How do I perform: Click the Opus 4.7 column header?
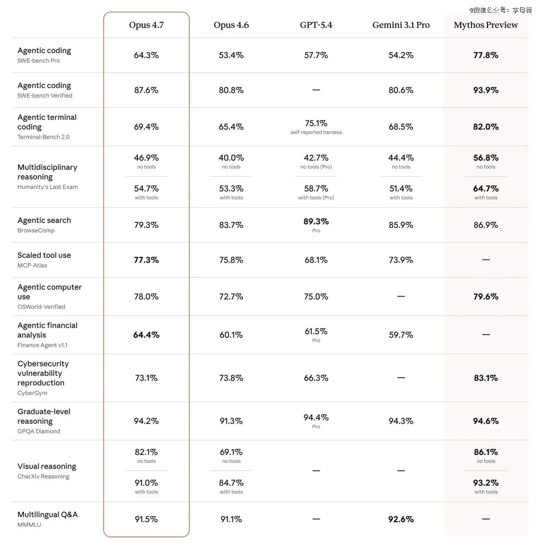coord(146,25)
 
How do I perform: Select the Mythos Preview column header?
coord(486,25)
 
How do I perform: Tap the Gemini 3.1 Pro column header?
coord(401,25)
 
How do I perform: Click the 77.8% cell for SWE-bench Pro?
coord(486,55)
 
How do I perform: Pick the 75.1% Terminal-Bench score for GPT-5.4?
coord(316,123)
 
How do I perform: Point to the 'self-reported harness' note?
coord(316,133)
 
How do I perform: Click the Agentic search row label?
coord(44,220)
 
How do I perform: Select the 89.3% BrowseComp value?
coord(316,221)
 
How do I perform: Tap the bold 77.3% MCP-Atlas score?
coord(146,260)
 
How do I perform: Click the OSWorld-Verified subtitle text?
coord(42,307)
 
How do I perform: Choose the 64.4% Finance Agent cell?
coord(146,335)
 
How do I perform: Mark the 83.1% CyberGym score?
coord(486,378)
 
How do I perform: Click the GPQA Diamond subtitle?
coord(39,431)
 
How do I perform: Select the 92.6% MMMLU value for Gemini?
coord(401,519)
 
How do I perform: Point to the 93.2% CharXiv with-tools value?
coord(486,483)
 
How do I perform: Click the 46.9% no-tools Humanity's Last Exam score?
coord(146,158)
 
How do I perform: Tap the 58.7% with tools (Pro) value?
coord(316,189)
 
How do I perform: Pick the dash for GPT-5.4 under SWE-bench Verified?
coord(316,90)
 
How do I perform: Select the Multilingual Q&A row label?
coord(48,514)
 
